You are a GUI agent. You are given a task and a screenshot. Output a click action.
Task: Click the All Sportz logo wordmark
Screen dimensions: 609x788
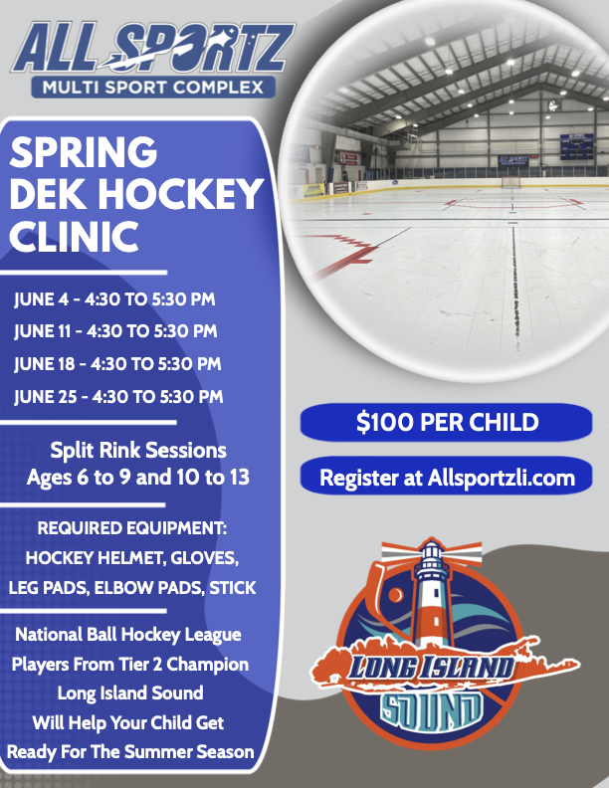click(152, 47)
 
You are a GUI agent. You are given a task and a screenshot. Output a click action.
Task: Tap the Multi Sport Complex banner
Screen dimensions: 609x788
click(153, 87)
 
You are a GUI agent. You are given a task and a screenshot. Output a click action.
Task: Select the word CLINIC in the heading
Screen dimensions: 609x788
click(74, 236)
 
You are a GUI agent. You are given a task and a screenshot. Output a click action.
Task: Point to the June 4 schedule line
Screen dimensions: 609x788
click(114, 299)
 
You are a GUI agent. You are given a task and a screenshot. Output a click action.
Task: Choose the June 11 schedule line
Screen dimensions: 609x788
click(115, 331)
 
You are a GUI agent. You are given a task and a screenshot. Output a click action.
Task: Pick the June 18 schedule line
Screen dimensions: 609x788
click(117, 364)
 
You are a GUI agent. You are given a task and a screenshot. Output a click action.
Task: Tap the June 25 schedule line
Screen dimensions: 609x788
click(118, 397)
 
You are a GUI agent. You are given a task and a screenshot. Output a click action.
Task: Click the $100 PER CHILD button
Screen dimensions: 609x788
click(446, 422)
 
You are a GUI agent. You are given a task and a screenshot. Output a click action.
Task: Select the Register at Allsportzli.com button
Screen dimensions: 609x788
click(446, 477)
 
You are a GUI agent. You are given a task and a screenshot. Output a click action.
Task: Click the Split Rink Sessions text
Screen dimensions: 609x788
click(138, 451)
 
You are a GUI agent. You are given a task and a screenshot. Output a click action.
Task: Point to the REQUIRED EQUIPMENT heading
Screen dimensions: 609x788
click(132, 528)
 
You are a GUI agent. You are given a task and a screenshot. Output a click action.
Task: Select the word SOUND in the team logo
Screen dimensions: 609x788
click(431, 709)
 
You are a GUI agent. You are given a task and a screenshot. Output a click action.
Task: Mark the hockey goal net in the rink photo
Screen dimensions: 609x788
click(510, 182)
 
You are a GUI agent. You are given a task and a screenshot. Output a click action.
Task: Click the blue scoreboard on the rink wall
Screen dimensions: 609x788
click(577, 146)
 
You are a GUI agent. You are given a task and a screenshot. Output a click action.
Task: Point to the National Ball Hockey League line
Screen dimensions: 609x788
click(128, 634)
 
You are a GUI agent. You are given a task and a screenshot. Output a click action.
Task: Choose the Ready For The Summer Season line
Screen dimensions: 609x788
click(130, 752)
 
